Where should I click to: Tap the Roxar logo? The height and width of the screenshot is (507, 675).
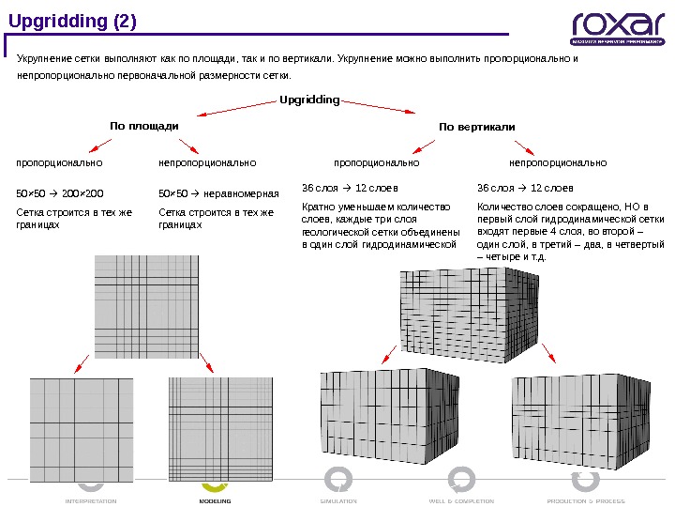618,28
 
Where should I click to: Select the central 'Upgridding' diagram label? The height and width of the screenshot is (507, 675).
310,100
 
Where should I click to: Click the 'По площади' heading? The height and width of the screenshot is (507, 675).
144,125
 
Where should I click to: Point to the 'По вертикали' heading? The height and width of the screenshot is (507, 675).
477,126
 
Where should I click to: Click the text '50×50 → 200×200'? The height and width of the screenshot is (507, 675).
60,194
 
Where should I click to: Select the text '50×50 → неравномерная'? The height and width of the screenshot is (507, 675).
219,194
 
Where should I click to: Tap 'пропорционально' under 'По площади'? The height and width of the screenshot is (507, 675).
59,162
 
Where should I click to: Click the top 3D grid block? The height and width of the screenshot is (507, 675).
467,313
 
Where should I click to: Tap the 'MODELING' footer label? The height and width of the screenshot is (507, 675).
215,501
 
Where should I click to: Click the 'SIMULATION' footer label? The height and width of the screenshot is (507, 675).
338,501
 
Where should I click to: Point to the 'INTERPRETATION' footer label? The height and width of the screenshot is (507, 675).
91,501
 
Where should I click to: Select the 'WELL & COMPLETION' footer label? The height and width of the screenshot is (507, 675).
461,501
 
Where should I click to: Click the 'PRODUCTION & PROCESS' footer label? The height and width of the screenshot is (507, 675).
586,501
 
